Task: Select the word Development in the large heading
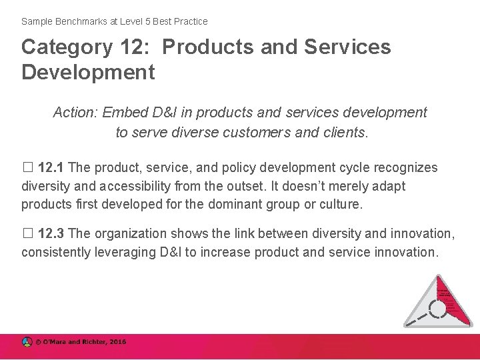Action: point(88,71)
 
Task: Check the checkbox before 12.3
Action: point(27,233)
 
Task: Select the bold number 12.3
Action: point(51,233)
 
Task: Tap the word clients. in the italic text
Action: point(343,132)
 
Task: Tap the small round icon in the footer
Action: point(27,343)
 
